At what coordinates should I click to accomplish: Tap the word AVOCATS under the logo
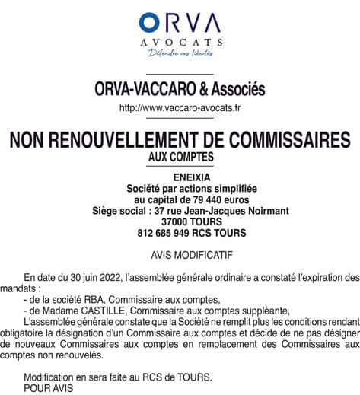180,43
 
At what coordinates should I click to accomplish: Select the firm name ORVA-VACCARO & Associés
180,90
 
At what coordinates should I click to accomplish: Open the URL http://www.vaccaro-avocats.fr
180,108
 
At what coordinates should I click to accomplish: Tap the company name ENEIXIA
180,177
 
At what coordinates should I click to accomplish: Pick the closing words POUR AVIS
45,387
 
